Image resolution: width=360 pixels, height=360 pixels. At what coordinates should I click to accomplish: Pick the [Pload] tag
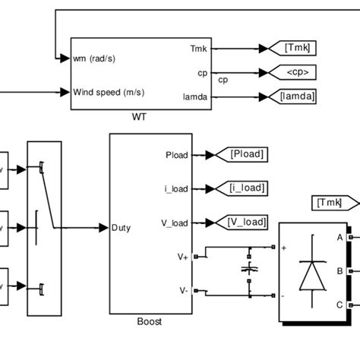(247, 154)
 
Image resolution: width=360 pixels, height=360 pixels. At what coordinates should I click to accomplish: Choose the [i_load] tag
(248, 188)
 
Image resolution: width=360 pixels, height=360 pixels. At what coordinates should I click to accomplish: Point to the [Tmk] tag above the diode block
(334, 203)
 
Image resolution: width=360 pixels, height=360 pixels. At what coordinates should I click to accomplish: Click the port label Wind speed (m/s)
(109, 93)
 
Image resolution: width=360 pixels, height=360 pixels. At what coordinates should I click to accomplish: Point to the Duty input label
(123, 227)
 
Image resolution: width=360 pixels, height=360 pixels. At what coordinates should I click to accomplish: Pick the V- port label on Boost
(183, 290)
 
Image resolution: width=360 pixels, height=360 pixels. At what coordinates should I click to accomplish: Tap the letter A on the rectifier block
(339, 237)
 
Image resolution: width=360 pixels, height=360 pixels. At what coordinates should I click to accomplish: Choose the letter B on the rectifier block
(339, 270)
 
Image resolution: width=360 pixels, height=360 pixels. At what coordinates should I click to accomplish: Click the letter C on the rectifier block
(339, 305)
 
